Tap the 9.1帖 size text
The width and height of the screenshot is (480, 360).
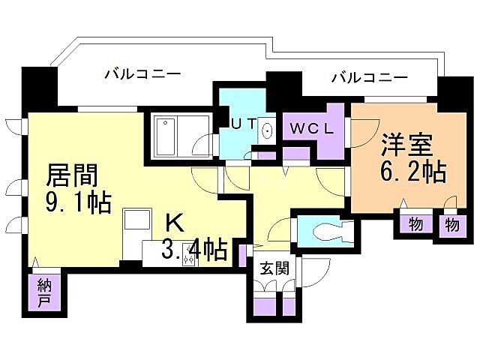pyautogui.click(x=78, y=202)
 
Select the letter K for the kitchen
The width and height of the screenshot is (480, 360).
pyautogui.click(x=174, y=222)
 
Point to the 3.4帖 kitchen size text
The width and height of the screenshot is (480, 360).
pyautogui.click(x=195, y=250)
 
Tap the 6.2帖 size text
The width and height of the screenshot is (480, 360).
pyautogui.click(x=413, y=172)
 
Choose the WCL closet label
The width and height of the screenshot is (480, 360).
pyautogui.click(x=310, y=128)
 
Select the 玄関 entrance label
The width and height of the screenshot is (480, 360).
pyautogui.click(x=271, y=268)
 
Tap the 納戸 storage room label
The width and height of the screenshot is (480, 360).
pyautogui.click(x=44, y=294)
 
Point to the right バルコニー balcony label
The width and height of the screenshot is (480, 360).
pyautogui.click(x=370, y=76)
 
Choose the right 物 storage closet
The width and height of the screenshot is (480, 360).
pyautogui.click(x=451, y=224)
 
